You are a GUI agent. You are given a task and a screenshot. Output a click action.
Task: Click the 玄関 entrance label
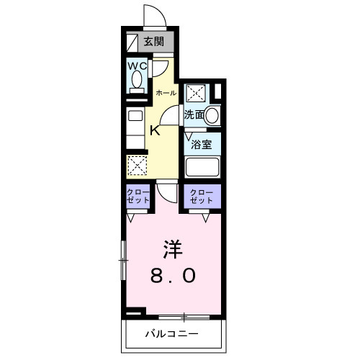152,41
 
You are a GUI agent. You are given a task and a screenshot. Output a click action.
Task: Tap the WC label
138,66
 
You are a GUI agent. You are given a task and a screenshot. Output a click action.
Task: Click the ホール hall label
166,93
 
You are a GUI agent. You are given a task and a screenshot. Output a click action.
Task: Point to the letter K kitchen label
154,130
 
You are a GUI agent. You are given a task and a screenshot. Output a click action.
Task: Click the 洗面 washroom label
192,114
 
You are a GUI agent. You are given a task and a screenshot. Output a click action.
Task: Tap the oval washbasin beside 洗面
212,114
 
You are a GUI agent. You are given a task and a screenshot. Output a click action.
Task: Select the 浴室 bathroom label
201,143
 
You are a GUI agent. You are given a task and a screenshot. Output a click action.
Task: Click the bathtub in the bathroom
202,167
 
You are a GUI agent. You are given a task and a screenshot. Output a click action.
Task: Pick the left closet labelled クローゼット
137,197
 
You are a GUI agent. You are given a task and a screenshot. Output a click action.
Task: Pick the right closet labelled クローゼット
201,197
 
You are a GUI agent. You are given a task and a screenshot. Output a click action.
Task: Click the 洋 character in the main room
171,250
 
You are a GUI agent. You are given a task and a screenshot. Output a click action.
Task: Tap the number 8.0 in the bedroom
171,276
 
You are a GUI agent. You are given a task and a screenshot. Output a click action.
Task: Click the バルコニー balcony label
171,333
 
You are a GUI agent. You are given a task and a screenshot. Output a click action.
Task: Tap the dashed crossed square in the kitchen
137,165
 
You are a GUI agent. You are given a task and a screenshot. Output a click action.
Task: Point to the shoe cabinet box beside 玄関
130,41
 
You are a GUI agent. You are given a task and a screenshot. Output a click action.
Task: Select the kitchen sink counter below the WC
136,126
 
